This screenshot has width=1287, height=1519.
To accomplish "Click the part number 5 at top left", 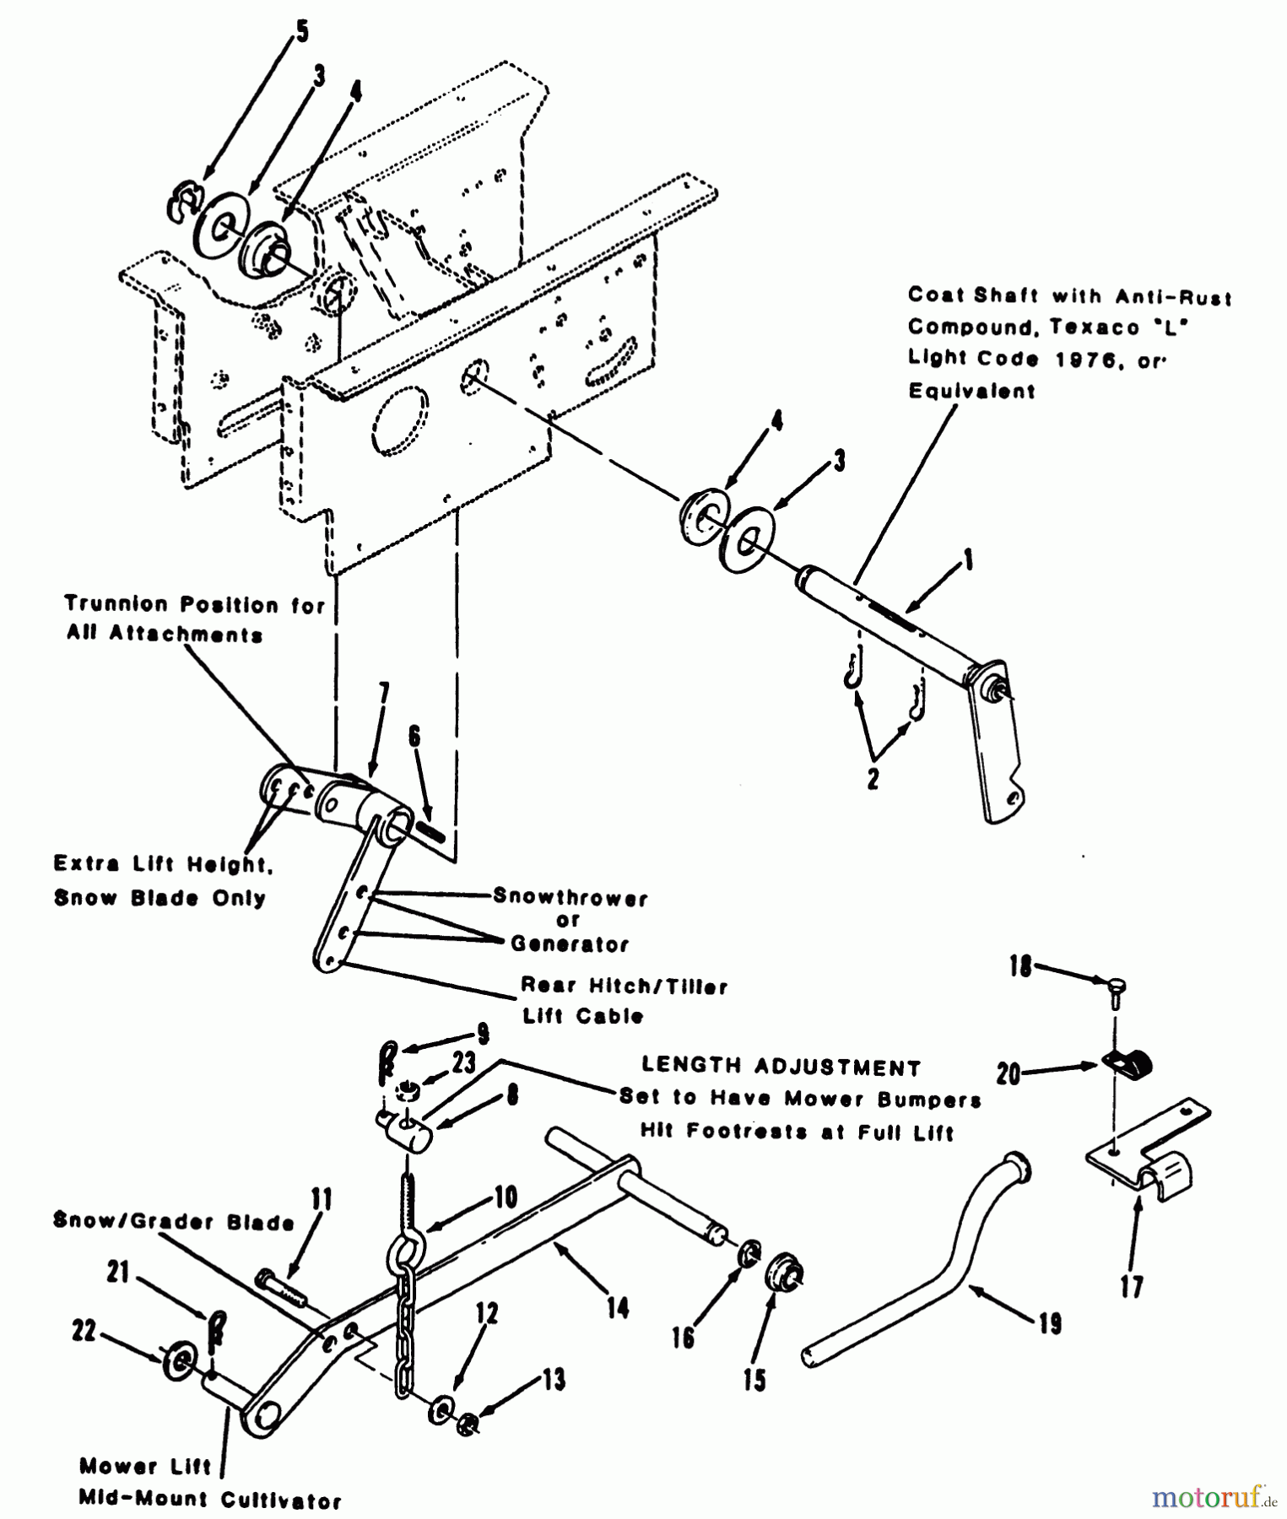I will [x=301, y=32].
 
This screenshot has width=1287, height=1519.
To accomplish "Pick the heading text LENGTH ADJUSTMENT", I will [x=781, y=1068].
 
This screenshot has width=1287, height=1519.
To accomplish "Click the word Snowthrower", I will [x=570, y=897].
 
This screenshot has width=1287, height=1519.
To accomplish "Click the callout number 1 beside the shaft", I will [x=968, y=559].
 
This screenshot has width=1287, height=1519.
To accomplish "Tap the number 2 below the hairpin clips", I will [x=873, y=777].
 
